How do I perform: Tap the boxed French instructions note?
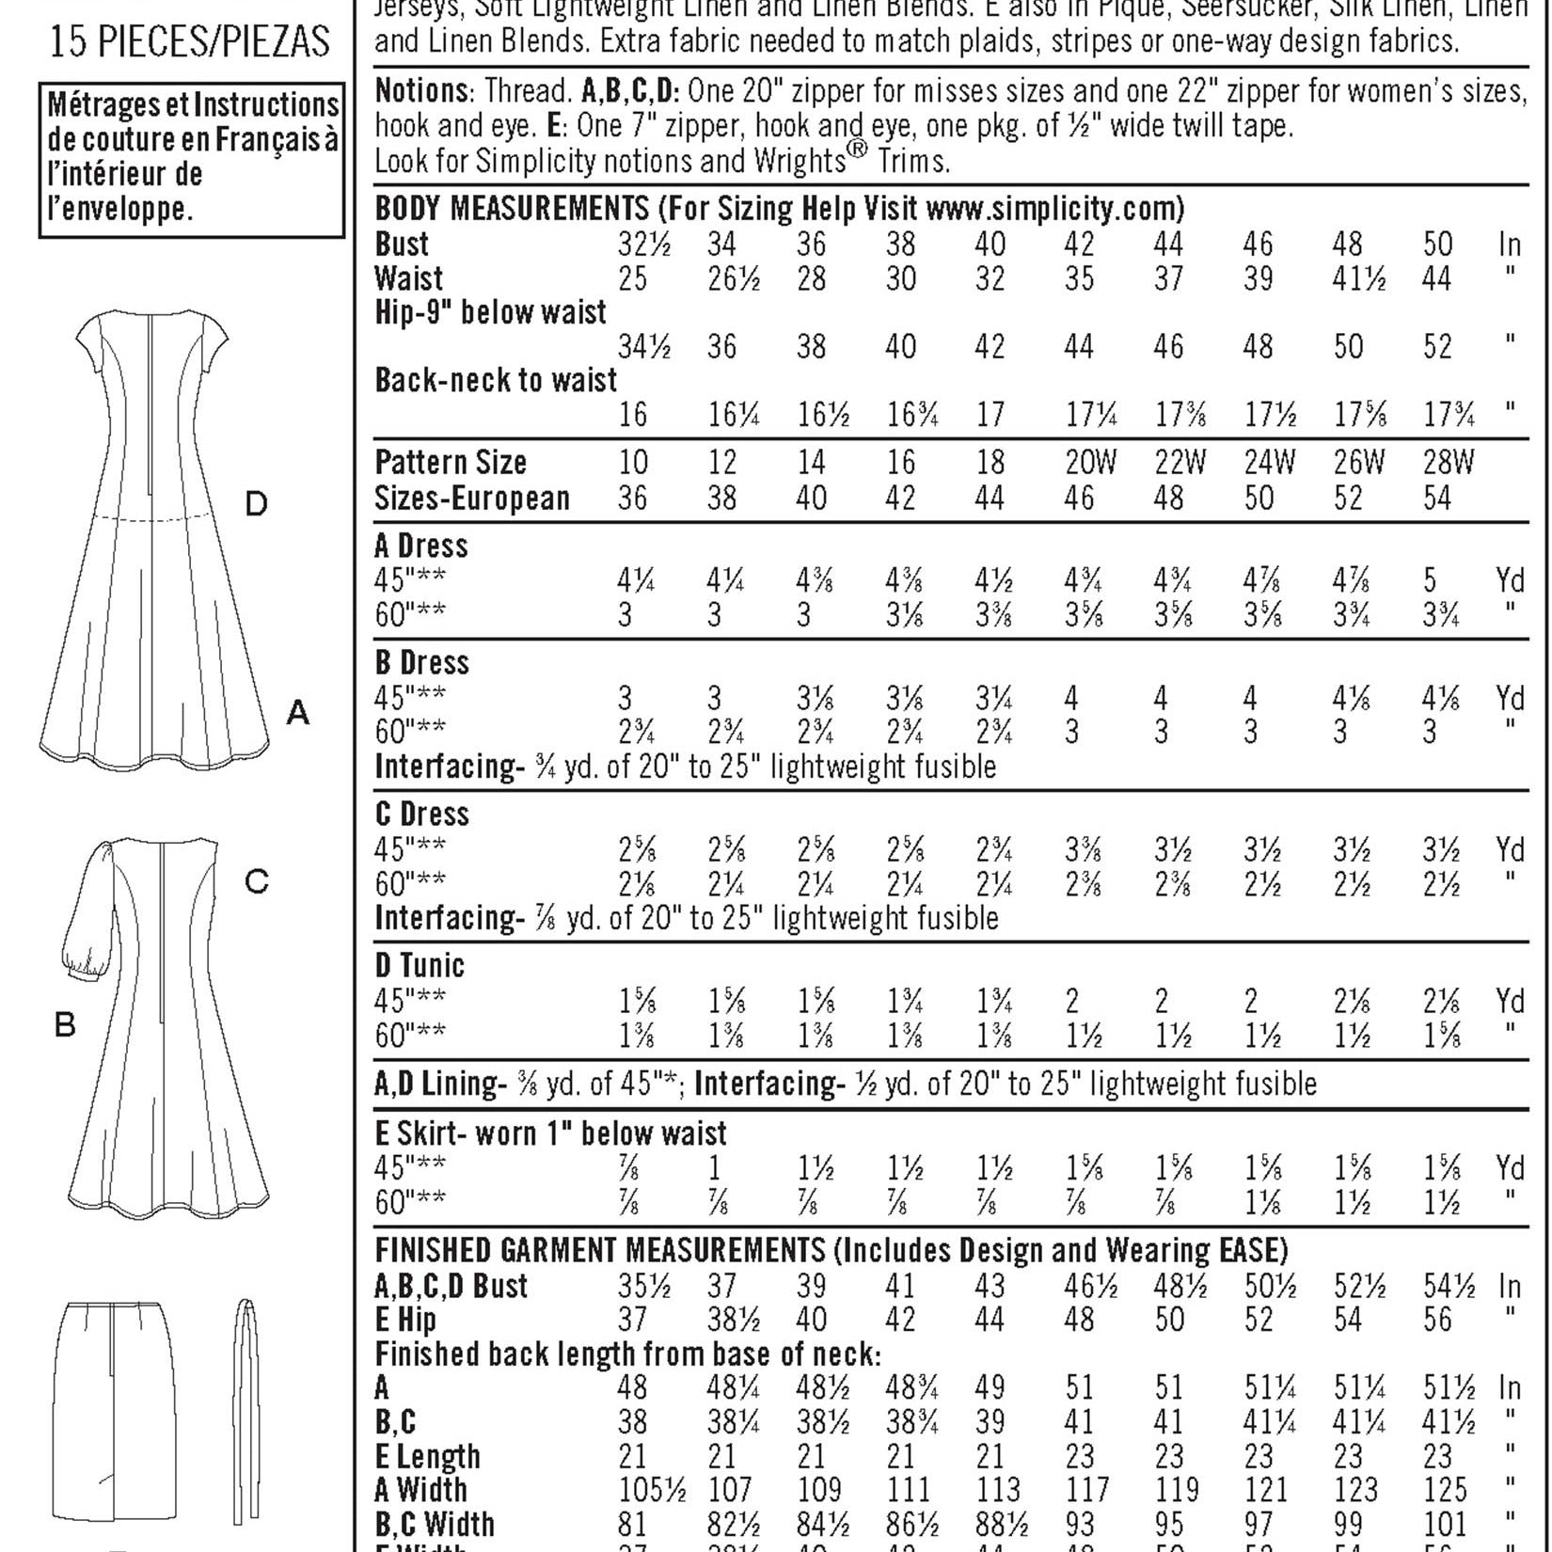coord(192,158)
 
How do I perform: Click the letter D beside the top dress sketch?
coord(256,505)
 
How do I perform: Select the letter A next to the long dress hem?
coord(297,713)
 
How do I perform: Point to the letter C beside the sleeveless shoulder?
coord(256,881)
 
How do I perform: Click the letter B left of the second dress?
coord(64,1024)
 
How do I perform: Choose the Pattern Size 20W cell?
coord(1090,463)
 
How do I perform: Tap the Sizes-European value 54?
coord(1437,498)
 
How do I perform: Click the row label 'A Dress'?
coord(420,546)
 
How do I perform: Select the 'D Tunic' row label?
coord(420,965)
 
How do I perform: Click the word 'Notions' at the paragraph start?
coord(421,91)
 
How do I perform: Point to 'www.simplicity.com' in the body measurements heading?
coord(1054,208)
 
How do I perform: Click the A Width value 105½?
coord(651,1490)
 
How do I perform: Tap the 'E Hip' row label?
coord(405,1320)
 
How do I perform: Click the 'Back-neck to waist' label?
coord(496,380)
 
